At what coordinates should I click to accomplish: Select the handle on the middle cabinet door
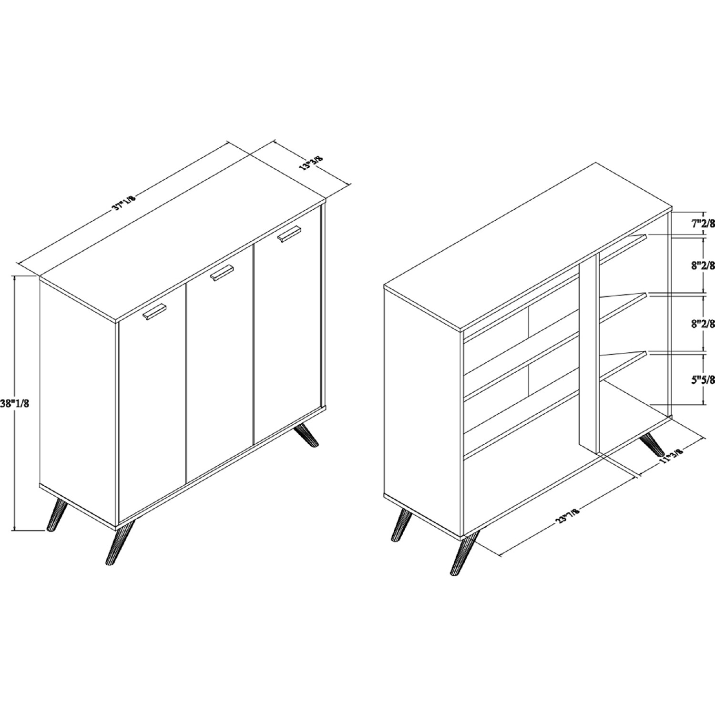223,273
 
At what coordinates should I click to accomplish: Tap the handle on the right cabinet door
290,234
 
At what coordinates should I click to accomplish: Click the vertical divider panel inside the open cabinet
588,352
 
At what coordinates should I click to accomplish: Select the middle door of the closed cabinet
219,364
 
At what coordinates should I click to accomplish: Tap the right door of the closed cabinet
287,324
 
